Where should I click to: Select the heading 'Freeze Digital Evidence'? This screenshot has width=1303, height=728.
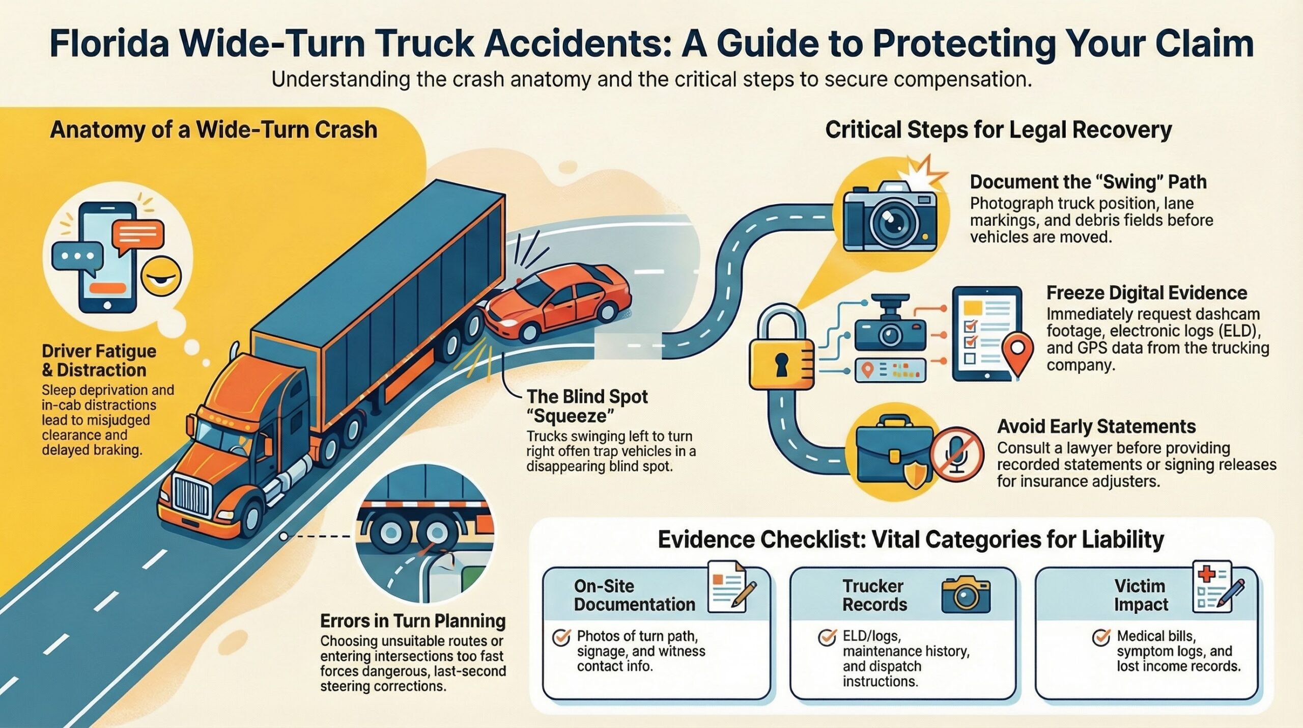1146,293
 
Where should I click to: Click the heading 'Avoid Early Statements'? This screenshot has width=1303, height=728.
1096,426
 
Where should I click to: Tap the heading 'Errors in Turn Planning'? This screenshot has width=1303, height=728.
413,621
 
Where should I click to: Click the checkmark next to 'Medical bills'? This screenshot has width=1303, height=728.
1101,637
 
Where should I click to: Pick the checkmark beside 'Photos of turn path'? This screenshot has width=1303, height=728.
561,637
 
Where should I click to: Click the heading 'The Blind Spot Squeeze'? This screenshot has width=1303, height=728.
587,406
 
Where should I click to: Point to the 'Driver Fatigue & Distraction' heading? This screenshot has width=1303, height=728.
99,360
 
